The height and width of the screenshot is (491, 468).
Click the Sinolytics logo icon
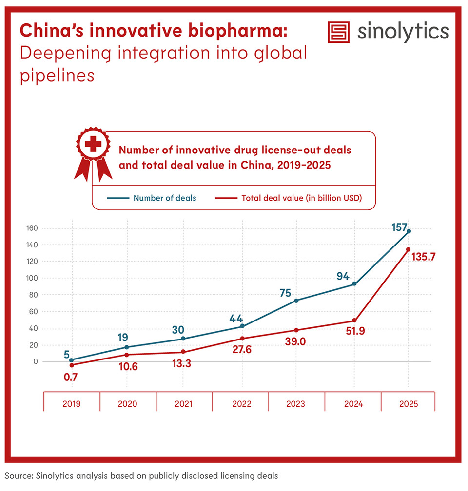point(340,32)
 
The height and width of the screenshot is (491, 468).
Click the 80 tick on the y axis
point(33,295)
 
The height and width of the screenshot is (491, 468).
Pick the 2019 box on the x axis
point(72,404)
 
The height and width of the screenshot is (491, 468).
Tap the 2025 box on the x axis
point(408,404)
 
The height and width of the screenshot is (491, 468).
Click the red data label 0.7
point(71,377)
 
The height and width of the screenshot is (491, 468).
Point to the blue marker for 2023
point(296,301)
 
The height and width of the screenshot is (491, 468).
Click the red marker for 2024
point(354,321)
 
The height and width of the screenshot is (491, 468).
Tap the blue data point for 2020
point(127,347)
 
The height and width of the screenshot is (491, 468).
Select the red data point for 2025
point(408,249)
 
